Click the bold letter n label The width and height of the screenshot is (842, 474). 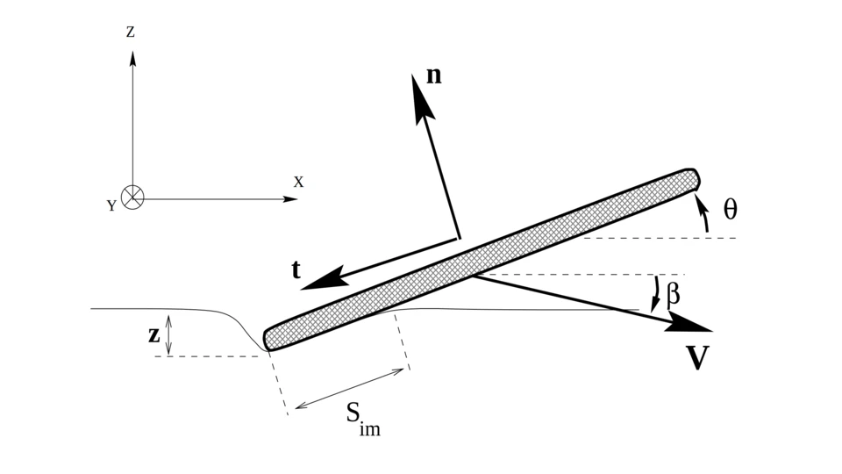click(x=434, y=75)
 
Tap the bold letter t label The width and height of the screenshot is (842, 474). click(x=296, y=269)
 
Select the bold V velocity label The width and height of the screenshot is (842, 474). click(x=698, y=358)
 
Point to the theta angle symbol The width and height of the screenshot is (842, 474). click(x=731, y=209)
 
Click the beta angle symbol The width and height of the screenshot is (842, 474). click(x=673, y=294)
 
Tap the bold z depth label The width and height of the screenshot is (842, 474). click(x=154, y=334)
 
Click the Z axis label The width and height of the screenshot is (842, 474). click(x=131, y=32)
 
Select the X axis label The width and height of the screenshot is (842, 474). click(x=298, y=183)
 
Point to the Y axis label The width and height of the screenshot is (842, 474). click(x=111, y=206)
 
